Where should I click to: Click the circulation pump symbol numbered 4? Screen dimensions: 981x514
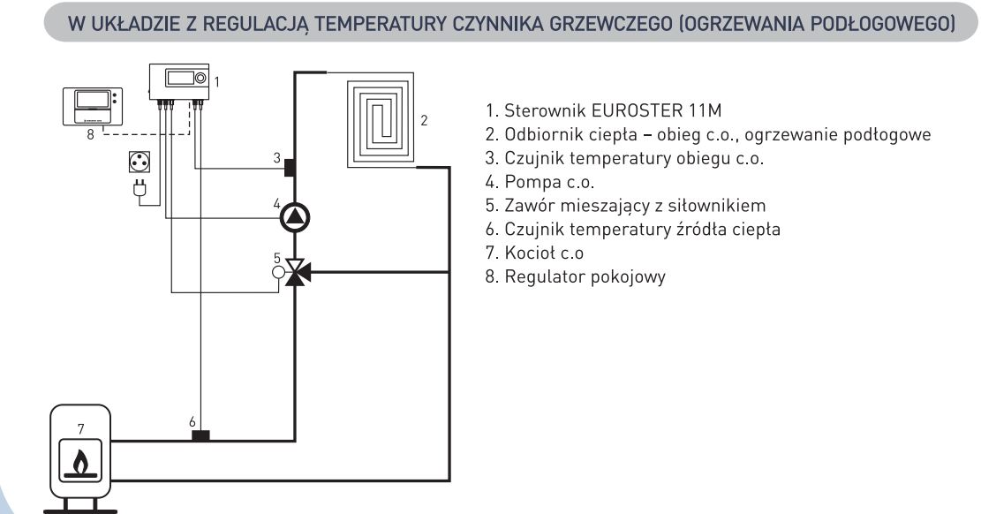point(294,218)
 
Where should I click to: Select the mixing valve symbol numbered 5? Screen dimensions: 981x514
point(295,272)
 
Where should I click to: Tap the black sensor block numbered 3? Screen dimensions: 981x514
point(290,168)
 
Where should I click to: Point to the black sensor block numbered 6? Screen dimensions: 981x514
point(200,435)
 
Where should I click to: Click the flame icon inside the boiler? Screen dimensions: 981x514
point(80,464)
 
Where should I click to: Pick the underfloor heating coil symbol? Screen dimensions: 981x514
point(381,120)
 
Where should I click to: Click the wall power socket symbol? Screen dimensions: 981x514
point(140,163)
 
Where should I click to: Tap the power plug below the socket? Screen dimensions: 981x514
point(140,188)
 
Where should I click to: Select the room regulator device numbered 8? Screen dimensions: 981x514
point(93,107)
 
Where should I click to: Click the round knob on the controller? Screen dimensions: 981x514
point(200,79)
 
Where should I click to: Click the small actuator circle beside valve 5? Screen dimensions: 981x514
point(278,272)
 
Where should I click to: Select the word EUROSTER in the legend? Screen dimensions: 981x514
point(637,110)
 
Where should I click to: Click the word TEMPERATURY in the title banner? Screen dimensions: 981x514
point(380,24)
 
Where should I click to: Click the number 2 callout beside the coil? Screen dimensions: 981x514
point(424,120)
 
